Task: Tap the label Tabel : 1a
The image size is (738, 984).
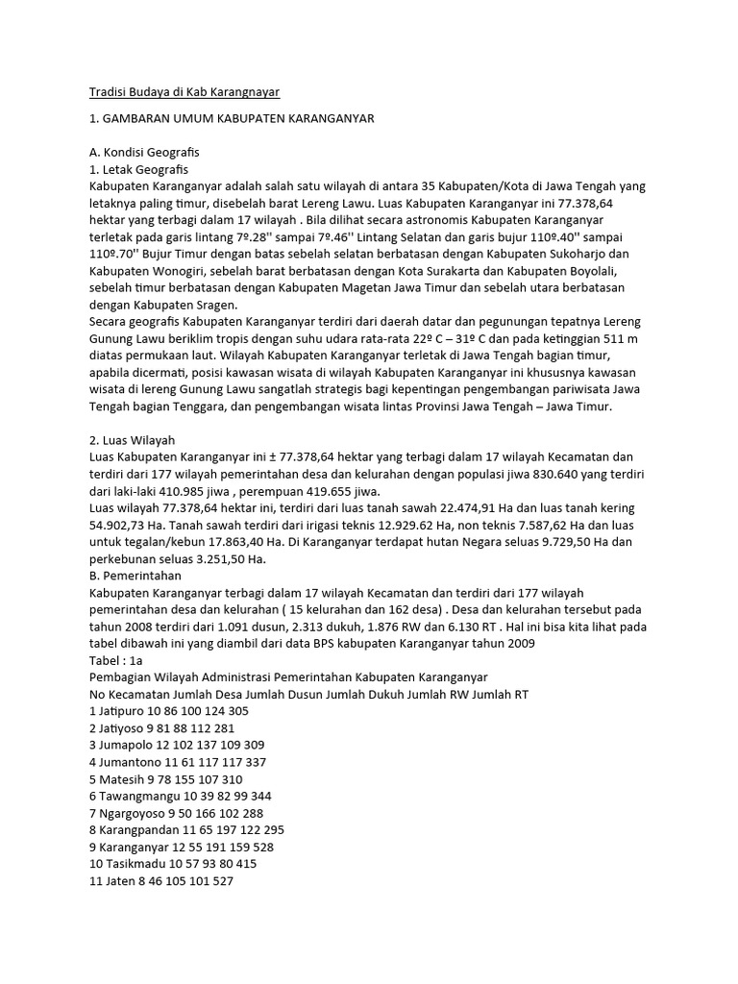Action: pyautogui.click(x=115, y=660)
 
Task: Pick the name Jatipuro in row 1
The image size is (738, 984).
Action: pyautogui.click(x=123, y=711)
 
